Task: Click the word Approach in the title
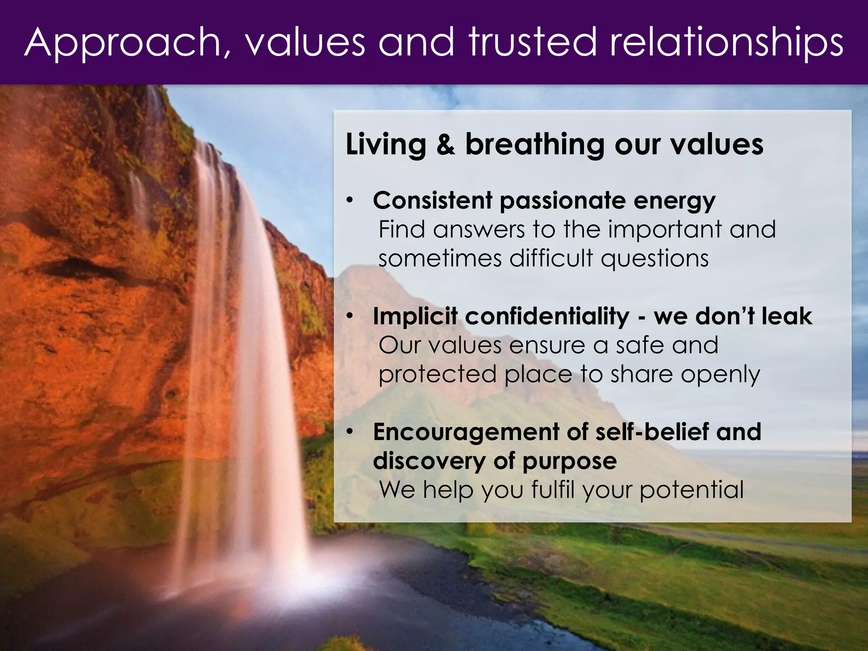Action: point(123,42)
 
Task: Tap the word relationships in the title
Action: point(726,42)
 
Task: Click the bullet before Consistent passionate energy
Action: point(349,200)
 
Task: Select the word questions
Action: point(655,259)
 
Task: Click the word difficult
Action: point(551,258)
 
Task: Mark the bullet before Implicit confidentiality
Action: point(349,316)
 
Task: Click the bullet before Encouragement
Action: point(349,432)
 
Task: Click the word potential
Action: point(692,490)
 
